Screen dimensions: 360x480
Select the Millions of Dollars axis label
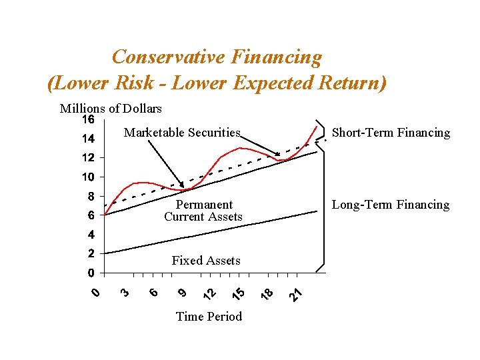pyautogui.click(x=111, y=109)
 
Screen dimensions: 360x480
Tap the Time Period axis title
pyautogui.click(x=209, y=317)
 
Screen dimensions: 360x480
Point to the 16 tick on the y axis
pyautogui.click(x=88, y=120)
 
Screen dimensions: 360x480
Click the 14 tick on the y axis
pyautogui.click(x=88, y=139)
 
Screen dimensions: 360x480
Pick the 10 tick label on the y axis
pyautogui.click(x=88, y=177)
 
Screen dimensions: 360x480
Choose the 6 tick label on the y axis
pyautogui.click(x=91, y=215)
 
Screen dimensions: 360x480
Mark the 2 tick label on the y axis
pyautogui.click(x=91, y=254)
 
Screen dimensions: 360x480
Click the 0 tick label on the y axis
pyautogui.click(x=91, y=273)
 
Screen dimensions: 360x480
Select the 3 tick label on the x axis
pyautogui.click(x=125, y=292)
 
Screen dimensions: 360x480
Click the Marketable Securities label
pyautogui.click(x=182, y=133)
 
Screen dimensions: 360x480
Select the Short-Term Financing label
pyautogui.click(x=391, y=133)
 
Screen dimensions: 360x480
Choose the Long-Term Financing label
pyautogui.click(x=391, y=205)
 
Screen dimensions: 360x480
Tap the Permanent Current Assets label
pyautogui.click(x=203, y=211)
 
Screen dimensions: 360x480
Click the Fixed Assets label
pyautogui.click(x=206, y=261)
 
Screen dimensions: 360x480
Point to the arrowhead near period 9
pyautogui.click(x=181, y=185)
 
